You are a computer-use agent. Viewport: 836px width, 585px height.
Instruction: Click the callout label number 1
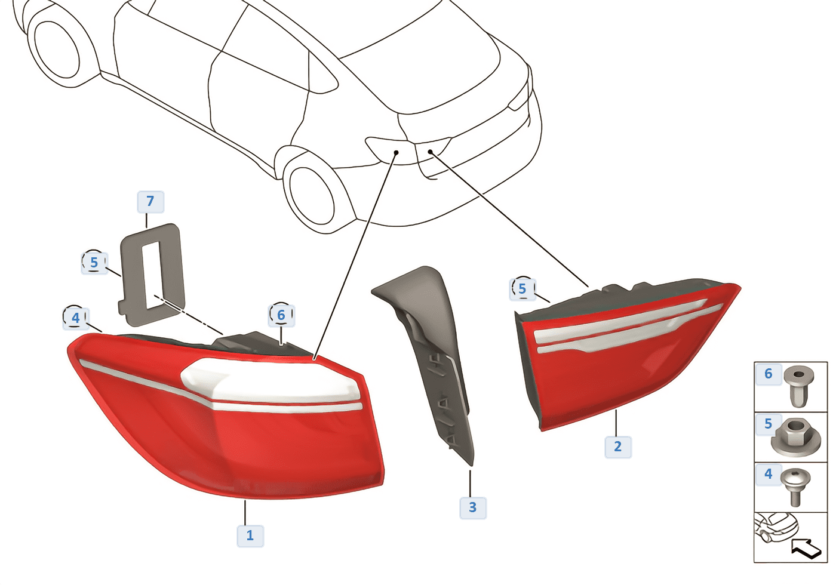250,536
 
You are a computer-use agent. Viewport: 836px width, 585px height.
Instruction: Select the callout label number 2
617,447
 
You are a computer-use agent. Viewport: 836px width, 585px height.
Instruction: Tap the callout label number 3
472,507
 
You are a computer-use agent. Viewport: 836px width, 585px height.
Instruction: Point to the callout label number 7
150,202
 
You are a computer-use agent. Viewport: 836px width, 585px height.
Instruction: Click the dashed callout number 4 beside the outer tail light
76,318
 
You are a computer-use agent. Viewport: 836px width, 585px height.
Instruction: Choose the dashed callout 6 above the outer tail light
281,315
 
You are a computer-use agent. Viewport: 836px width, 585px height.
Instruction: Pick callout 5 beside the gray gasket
94,263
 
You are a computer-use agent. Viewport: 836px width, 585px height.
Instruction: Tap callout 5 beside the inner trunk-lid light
522,289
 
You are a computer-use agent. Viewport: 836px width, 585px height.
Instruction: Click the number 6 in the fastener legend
768,374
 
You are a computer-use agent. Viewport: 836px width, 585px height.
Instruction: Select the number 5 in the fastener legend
768,424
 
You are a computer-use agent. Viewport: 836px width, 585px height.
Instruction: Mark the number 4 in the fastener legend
768,474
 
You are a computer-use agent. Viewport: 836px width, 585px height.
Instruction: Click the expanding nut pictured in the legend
799,387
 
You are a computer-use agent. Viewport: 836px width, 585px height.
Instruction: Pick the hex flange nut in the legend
795,438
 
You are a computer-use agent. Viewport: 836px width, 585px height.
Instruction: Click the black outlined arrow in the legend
806,549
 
